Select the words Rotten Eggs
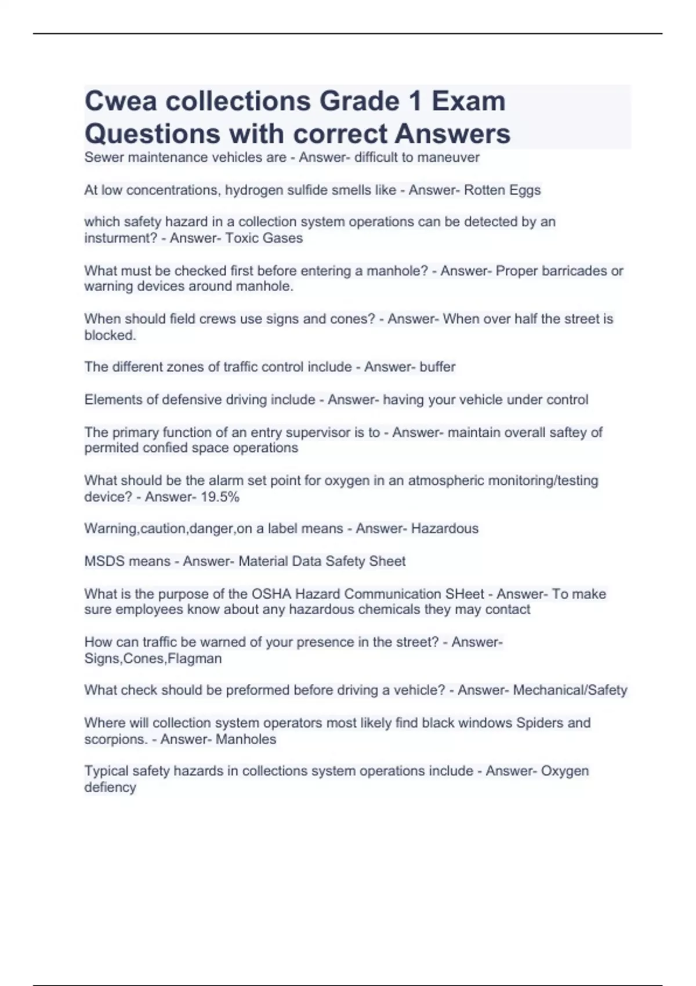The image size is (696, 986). coord(502,190)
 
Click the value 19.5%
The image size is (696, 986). coord(220,497)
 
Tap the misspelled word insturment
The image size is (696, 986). coord(116,238)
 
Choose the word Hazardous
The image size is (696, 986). coord(445,529)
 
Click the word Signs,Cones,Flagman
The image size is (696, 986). coord(153,659)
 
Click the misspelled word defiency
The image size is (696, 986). coord(110,788)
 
